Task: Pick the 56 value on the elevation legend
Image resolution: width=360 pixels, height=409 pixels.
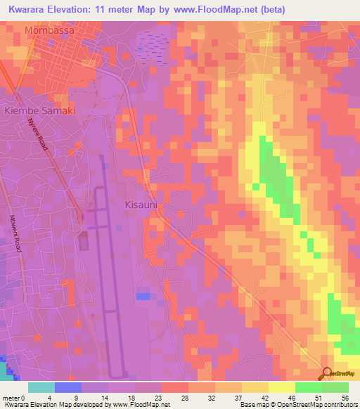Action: (345, 397)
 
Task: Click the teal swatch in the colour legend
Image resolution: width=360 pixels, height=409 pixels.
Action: (41, 387)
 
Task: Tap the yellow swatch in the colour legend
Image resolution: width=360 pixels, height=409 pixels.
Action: (281, 387)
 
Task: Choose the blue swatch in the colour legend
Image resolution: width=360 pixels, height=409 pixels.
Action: (68, 387)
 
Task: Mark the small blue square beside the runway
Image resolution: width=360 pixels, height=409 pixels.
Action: (143, 297)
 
